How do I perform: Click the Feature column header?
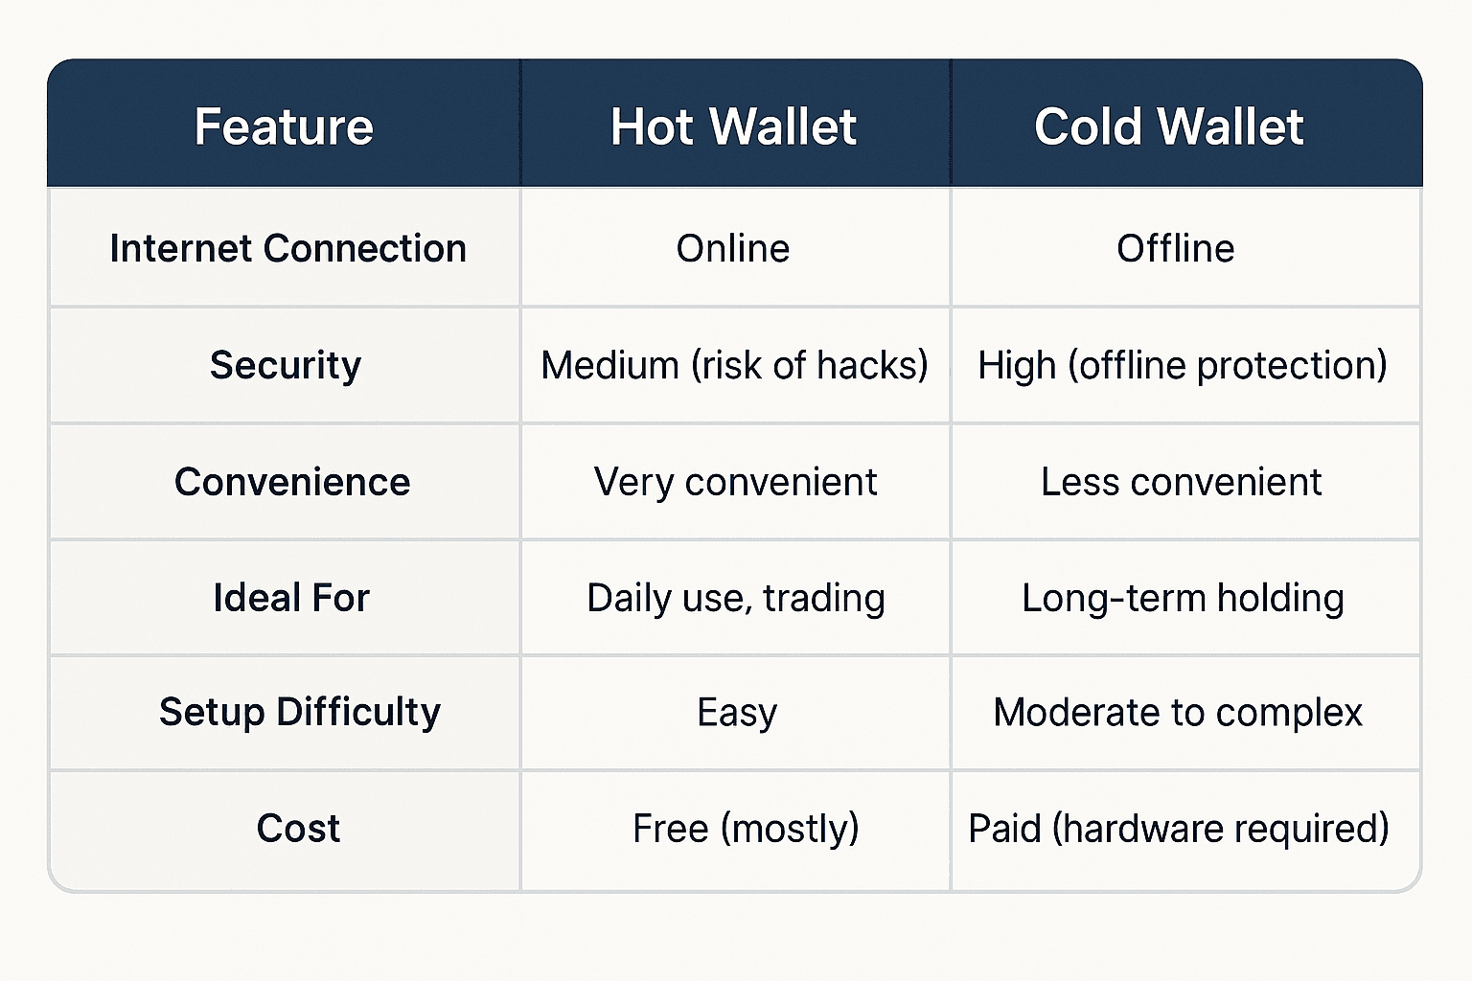click(284, 126)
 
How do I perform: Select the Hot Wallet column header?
click(733, 126)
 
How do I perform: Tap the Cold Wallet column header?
click(1169, 126)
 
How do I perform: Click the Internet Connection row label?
click(287, 248)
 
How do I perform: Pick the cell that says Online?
click(733, 248)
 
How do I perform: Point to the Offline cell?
click(1176, 248)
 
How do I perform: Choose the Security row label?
click(286, 365)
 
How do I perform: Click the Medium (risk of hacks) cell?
click(734, 365)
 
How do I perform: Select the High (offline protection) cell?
click(1183, 365)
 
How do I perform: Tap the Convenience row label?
click(292, 482)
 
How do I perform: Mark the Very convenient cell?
click(735, 482)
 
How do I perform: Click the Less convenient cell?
click(1181, 482)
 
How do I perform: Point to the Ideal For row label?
click(291, 597)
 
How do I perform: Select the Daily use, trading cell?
click(736, 599)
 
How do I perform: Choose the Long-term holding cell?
click(1183, 599)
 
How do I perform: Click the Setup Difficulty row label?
click(300, 712)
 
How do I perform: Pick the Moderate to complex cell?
click(1178, 713)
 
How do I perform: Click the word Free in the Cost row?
click(671, 828)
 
